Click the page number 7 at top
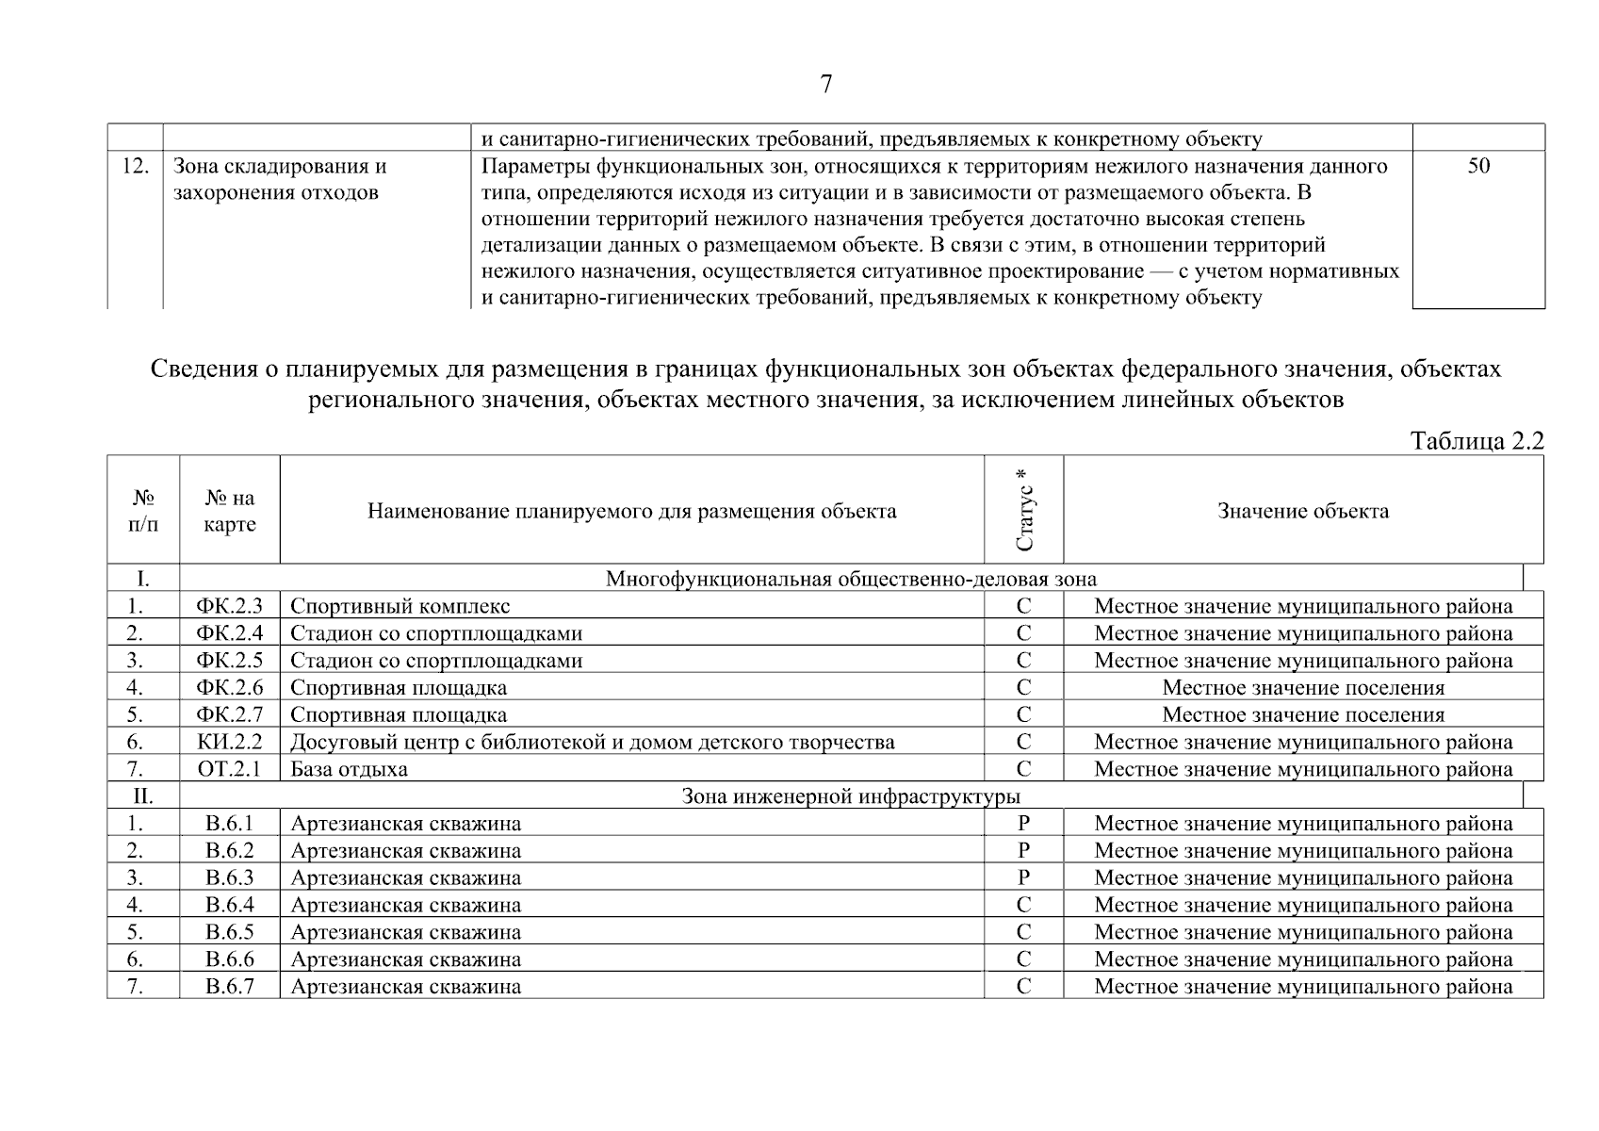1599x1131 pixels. point(825,85)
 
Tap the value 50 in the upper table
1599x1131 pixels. point(1478,167)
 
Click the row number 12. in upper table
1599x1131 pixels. point(136,167)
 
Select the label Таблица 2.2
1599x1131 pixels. point(1477,440)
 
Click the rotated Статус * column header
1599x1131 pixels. point(1024,510)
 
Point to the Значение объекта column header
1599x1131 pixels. point(1302,511)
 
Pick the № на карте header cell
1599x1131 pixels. point(230,511)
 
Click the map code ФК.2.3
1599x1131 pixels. point(230,606)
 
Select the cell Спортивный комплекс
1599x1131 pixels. point(400,606)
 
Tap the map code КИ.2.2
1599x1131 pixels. point(230,742)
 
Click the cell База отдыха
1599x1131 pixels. point(349,769)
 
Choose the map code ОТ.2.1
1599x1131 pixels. point(230,769)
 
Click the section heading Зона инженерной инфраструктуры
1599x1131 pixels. point(851,796)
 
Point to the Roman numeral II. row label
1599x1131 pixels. point(142,796)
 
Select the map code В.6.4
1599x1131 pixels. point(230,905)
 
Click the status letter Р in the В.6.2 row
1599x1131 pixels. point(1023,850)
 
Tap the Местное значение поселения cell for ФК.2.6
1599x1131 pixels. point(1302,688)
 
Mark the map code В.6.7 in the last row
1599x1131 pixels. point(230,987)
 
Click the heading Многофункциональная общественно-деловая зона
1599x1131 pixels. point(851,579)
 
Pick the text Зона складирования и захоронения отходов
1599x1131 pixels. point(279,180)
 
